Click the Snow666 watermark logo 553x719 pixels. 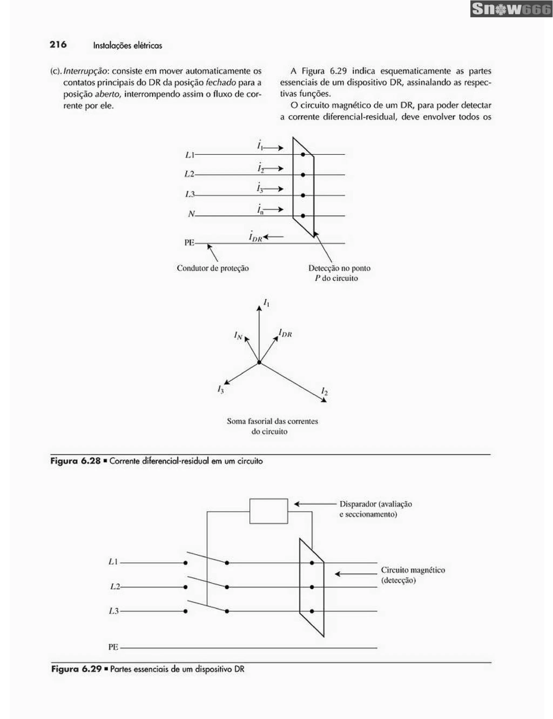click(511, 9)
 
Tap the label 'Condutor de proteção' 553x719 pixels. click(213, 268)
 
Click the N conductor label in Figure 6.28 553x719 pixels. click(191, 214)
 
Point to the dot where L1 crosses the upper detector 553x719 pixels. click(303, 154)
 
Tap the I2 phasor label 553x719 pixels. click(324, 391)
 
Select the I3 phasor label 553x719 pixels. click(221, 389)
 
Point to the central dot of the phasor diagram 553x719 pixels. click(259, 362)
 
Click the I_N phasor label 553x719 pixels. click(238, 335)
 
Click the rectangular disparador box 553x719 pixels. click(269, 511)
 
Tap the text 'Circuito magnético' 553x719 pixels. click(413, 570)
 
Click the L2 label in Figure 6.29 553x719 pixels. click(115, 586)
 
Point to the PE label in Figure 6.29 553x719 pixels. click(113, 647)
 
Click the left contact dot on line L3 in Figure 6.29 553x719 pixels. click(186, 611)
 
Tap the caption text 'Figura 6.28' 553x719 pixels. click(75, 461)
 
